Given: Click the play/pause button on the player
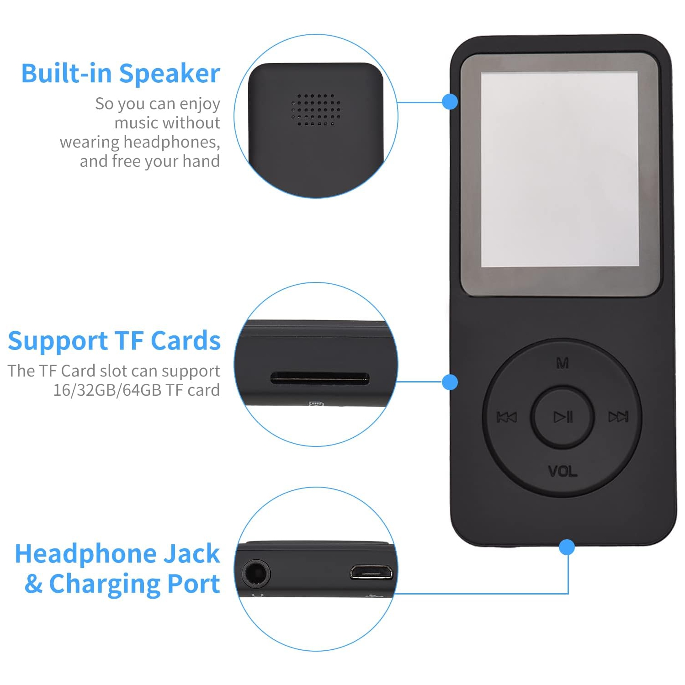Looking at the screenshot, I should click(x=563, y=417).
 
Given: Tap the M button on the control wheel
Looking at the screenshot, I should click(x=563, y=363).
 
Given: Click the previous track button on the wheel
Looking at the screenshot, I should click(x=507, y=417).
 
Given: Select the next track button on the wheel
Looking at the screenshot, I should click(x=618, y=417).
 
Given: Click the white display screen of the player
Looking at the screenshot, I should click(x=559, y=169).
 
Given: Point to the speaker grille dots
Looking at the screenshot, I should click(x=316, y=110).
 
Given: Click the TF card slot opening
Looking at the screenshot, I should click(x=319, y=378).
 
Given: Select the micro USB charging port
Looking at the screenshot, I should click(x=371, y=572).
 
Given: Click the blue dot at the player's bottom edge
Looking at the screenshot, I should click(x=567, y=547).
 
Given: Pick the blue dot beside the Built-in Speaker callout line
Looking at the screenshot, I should click(x=450, y=101).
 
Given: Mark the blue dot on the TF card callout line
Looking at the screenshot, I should click(x=450, y=382).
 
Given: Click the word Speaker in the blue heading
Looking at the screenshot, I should click(x=170, y=74).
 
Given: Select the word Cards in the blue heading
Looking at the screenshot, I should click(x=186, y=341).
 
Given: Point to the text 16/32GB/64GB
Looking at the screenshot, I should click(x=107, y=390).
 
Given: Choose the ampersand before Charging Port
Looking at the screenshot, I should click(x=34, y=584).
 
